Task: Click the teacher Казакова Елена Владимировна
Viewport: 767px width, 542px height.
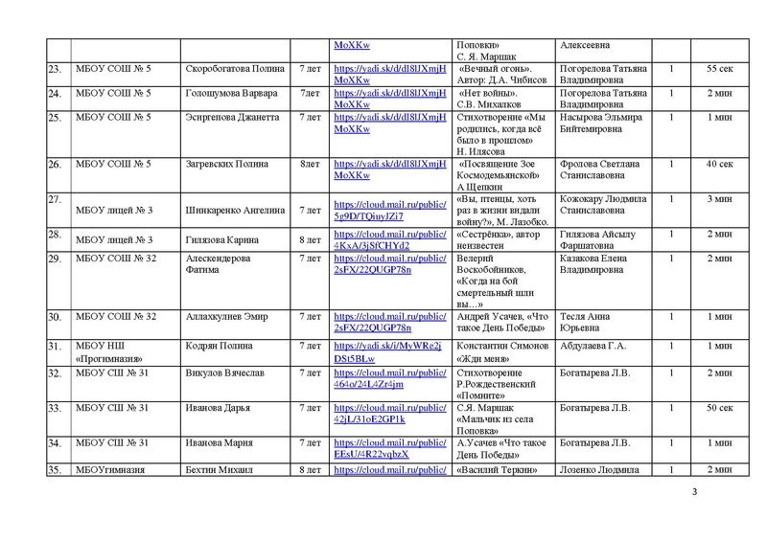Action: click(602, 264)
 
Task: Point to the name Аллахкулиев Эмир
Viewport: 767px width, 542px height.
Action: click(226, 316)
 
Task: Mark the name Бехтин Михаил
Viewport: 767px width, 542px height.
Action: click(224, 471)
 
